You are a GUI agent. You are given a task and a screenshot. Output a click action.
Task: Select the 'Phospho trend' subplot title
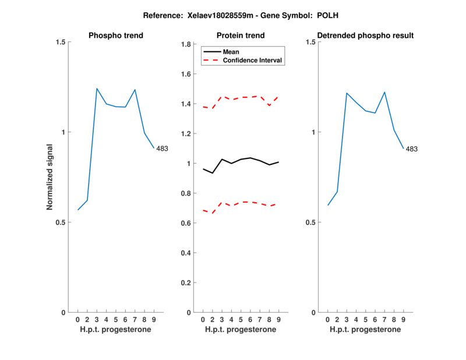click(115, 36)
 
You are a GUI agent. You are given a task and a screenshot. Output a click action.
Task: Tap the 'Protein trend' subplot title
click(241, 36)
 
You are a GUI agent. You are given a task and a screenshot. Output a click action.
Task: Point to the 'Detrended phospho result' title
click(365, 36)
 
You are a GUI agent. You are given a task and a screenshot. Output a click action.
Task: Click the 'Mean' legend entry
click(231, 51)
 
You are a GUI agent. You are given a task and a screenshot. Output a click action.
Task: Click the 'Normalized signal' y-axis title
click(50, 177)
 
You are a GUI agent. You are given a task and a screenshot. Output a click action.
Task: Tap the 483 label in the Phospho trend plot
click(162, 149)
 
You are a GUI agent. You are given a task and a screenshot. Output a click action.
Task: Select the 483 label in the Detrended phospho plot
click(412, 149)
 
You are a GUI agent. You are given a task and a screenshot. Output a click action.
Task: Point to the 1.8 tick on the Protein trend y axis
click(186, 44)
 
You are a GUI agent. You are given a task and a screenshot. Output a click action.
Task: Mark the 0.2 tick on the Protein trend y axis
click(186, 283)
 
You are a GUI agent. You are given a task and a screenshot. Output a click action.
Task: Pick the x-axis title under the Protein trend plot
click(241, 330)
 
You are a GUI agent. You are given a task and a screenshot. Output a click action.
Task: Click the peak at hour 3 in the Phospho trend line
click(97, 89)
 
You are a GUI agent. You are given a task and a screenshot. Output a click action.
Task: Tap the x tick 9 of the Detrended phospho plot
click(404, 320)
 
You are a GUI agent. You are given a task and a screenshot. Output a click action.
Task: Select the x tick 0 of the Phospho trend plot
click(77, 320)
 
